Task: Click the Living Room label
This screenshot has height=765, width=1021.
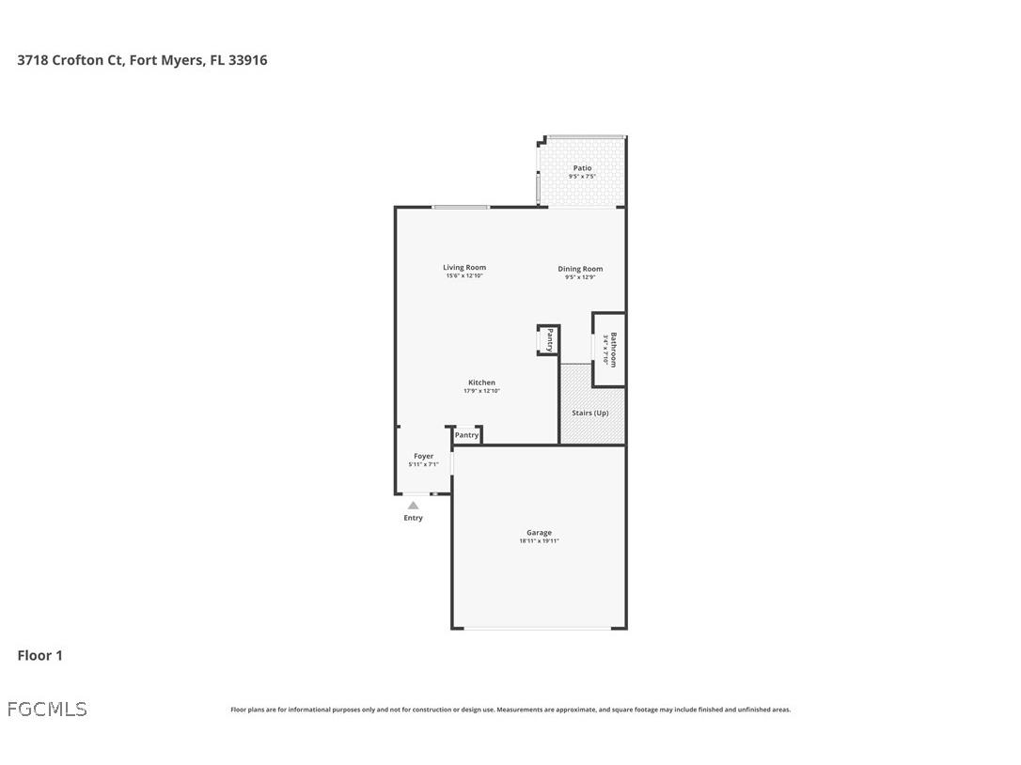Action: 464,268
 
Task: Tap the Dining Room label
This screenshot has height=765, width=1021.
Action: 580,269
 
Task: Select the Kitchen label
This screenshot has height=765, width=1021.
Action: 481,382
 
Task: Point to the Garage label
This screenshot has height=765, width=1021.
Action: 539,533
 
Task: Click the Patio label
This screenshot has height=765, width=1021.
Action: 582,168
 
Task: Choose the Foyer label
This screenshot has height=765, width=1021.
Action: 423,456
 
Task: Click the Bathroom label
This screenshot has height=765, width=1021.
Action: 613,350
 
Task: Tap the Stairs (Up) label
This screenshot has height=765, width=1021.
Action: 590,413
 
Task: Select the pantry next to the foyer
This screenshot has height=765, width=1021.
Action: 467,435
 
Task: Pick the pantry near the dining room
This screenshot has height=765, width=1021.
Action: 549,339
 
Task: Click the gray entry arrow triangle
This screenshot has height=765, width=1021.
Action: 413,506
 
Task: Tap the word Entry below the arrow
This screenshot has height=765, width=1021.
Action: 413,518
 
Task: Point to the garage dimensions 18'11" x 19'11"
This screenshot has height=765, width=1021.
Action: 539,541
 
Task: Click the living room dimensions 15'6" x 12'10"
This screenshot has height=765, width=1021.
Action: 464,276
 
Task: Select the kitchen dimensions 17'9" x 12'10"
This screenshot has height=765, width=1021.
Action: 481,391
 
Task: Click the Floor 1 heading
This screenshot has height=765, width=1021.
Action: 39,655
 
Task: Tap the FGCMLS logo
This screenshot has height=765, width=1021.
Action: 47,709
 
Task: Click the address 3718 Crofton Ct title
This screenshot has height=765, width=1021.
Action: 142,60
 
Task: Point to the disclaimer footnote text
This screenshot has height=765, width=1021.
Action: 510,710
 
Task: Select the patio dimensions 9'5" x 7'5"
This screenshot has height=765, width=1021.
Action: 582,177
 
